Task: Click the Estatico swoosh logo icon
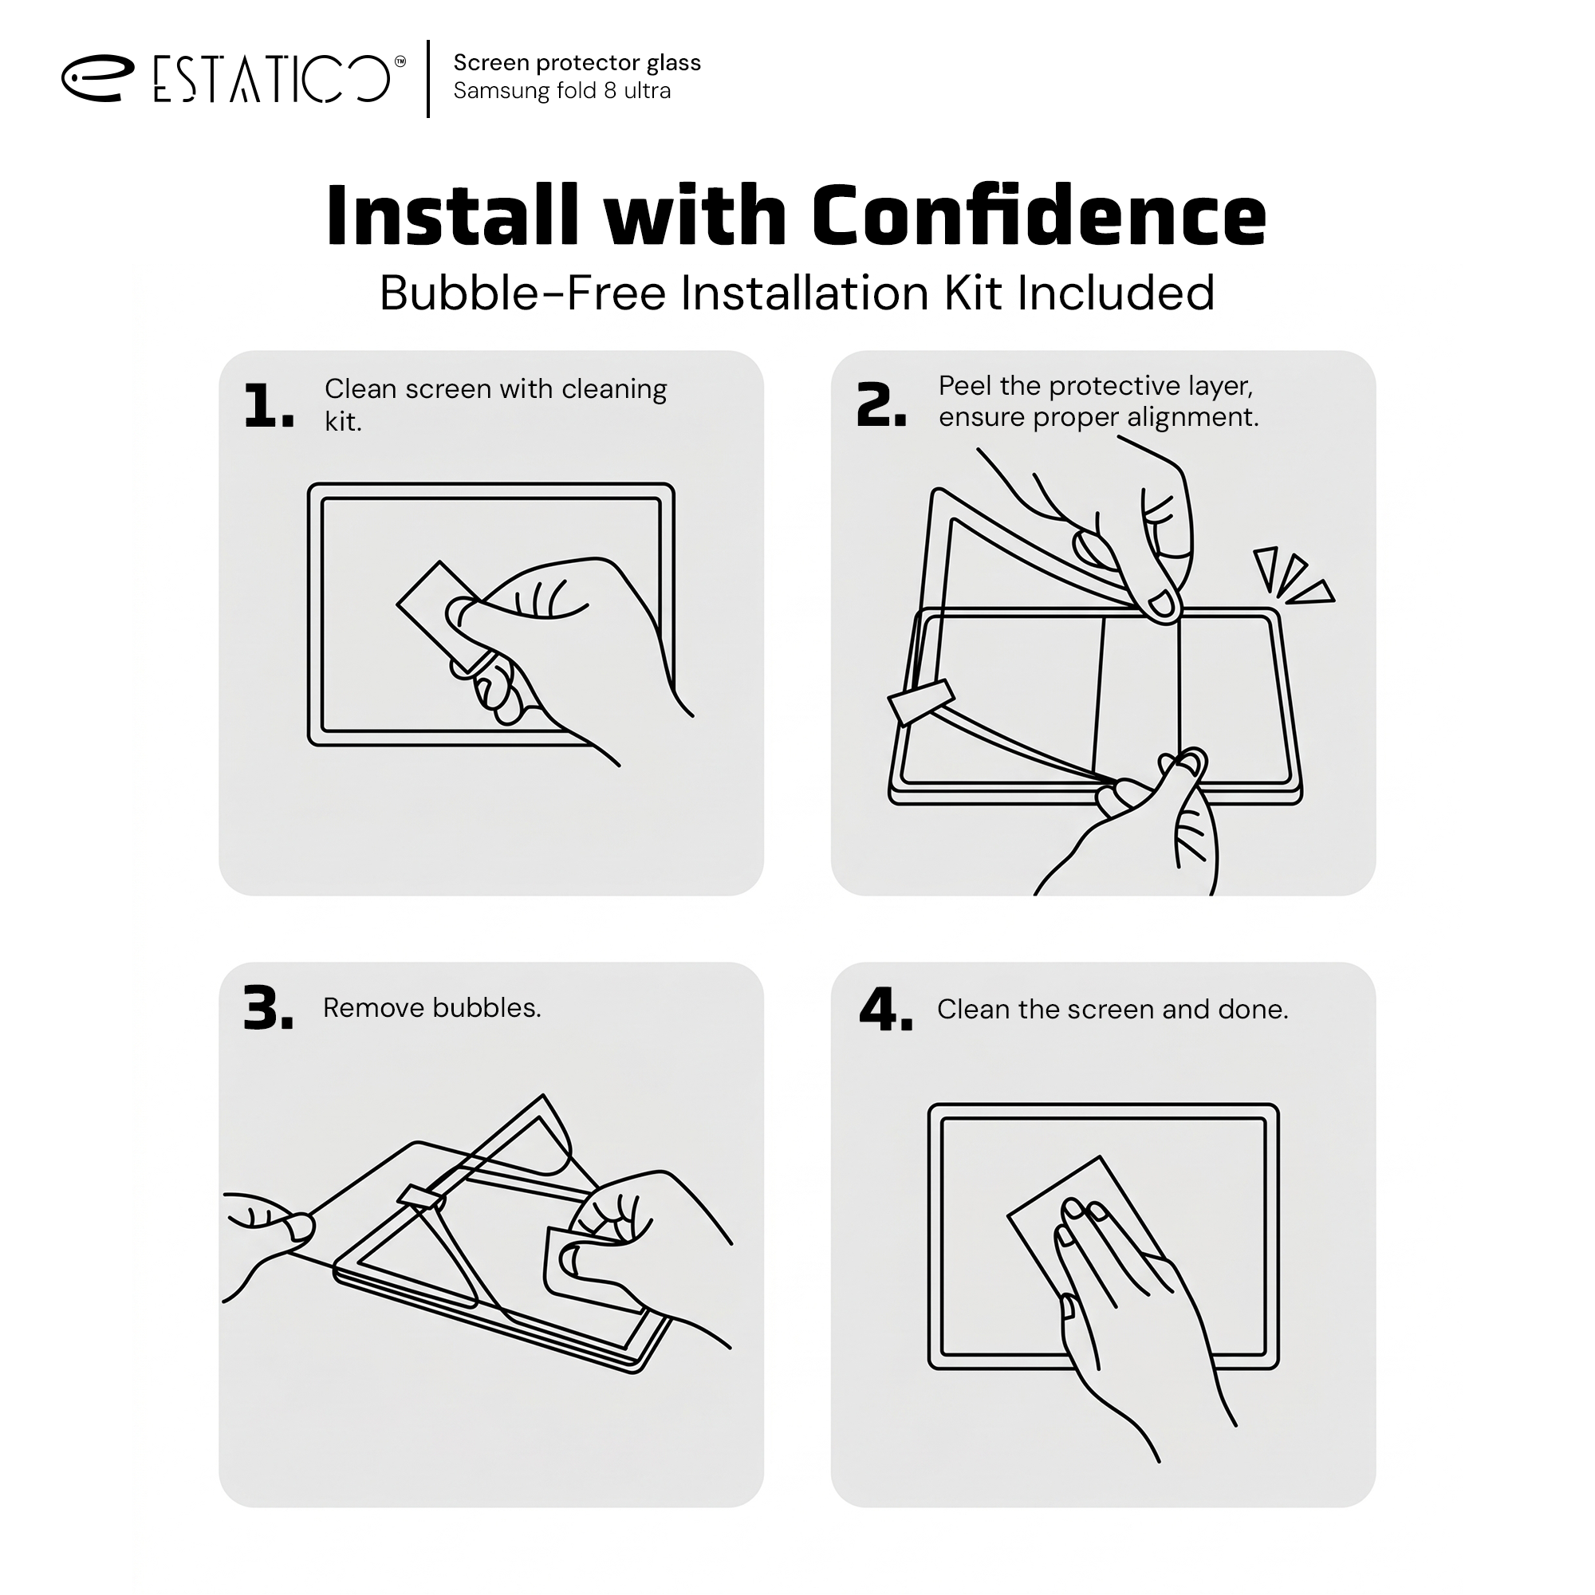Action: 96,78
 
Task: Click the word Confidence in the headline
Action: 1038,215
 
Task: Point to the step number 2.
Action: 882,405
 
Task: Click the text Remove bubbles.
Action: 431,1007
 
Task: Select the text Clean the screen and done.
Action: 1112,1009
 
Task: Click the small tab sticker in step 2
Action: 921,702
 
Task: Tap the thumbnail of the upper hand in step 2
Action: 1160,605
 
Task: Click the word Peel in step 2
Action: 964,385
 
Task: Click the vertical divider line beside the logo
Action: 428,78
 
